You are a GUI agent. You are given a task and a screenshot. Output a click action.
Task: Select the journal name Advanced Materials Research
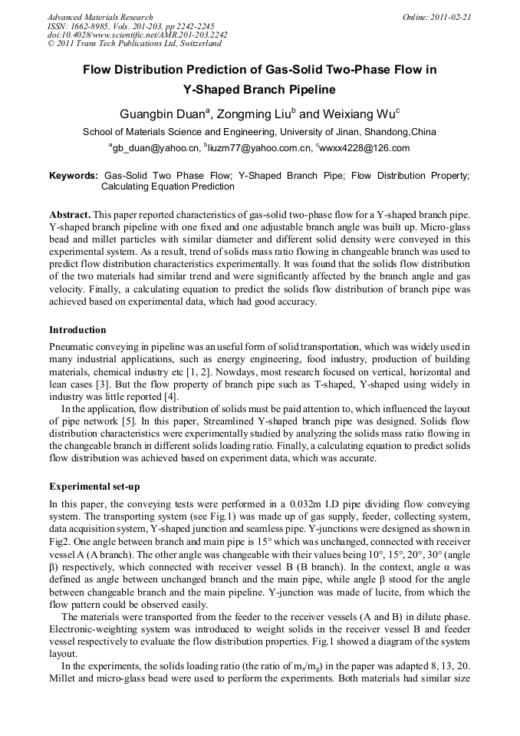click(100, 16)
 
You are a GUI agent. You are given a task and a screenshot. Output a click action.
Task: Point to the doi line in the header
click(137, 35)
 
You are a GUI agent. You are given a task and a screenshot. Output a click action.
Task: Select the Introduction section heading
click(77, 330)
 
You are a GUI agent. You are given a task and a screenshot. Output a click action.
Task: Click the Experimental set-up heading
click(94, 486)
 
